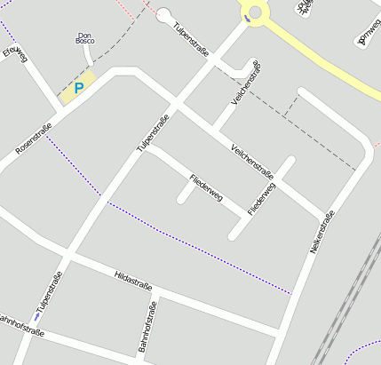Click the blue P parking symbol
tap(79, 88)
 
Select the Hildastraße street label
tap(134, 282)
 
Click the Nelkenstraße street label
tap(322, 234)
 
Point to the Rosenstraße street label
tap(34, 140)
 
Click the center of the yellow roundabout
tap(257, 12)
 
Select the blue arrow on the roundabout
tap(246, 17)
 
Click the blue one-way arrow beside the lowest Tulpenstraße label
tap(36, 315)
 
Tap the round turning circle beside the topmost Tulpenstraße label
tap(163, 14)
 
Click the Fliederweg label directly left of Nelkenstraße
tap(262, 198)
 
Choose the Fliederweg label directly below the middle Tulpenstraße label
tap(205, 188)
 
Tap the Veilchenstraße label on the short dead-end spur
tap(245, 83)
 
